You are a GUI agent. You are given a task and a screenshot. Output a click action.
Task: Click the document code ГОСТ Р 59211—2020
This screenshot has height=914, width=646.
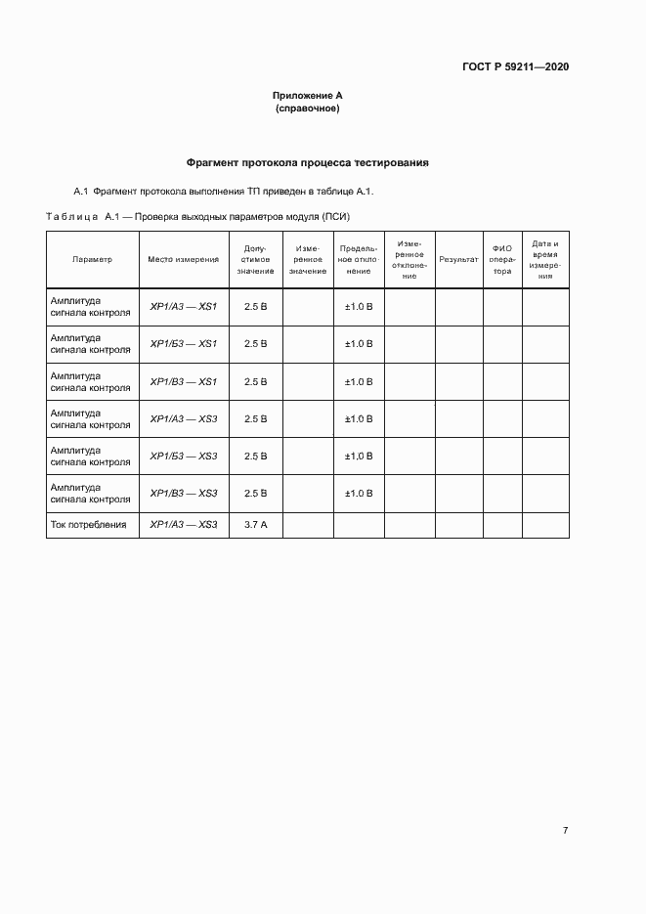click(x=515, y=67)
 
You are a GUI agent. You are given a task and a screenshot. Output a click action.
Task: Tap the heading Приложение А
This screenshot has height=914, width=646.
click(x=308, y=96)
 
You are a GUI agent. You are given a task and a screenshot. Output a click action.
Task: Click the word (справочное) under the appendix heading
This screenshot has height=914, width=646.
click(x=308, y=109)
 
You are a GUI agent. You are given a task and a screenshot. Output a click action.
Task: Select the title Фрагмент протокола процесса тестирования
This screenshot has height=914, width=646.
click(x=308, y=162)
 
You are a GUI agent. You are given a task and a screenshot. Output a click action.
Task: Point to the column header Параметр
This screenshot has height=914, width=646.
click(x=93, y=260)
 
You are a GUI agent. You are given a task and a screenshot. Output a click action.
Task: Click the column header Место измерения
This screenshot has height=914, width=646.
click(x=184, y=260)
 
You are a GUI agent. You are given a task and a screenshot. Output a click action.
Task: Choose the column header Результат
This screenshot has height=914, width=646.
click(x=458, y=260)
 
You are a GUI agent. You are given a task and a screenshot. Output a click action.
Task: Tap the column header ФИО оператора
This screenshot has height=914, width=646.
click(x=502, y=260)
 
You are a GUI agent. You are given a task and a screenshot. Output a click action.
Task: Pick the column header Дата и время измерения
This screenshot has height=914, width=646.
click(x=545, y=260)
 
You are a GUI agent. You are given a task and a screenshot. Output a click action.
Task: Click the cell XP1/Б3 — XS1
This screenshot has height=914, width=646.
click(x=184, y=344)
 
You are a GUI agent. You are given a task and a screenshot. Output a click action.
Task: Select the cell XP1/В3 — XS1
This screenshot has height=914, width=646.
click(x=184, y=381)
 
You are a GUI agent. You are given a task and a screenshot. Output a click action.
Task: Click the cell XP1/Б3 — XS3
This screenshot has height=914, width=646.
click(x=184, y=457)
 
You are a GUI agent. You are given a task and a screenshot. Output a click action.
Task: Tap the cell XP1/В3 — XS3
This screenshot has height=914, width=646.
click(x=184, y=494)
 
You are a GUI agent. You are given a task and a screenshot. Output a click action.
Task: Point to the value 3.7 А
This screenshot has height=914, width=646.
click(x=256, y=526)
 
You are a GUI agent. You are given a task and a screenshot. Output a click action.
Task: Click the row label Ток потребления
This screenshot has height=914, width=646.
click(x=89, y=526)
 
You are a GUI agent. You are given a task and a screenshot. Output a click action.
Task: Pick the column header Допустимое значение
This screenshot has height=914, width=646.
click(x=256, y=260)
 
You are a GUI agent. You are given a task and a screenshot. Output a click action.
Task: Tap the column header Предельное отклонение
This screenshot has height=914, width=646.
click(x=359, y=260)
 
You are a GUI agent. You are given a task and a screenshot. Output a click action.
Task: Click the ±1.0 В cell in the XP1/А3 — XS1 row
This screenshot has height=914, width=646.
click(x=359, y=307)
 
